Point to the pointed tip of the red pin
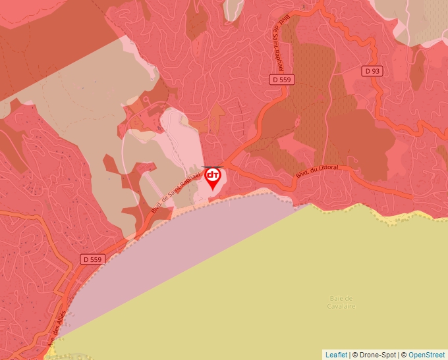tap(213, 191)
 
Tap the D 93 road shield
tap(372, 70)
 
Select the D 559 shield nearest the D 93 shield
tap(282, 79)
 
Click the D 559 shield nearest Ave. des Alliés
tap(93, 259)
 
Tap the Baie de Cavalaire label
tap(341, 303)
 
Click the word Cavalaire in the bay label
tap(341, 307)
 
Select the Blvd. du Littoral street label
tap(317, 172)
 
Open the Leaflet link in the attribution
tap(336, 355)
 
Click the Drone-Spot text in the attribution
tap(376, 355)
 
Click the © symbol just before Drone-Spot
tap(356, 355)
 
